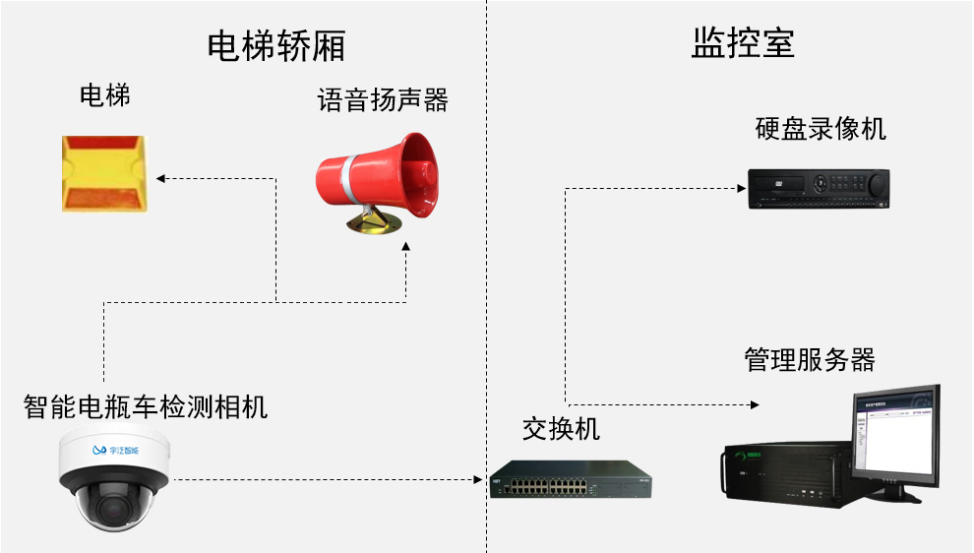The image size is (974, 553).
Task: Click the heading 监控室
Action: click(743, 43)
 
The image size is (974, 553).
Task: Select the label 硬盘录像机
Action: click(821, 129)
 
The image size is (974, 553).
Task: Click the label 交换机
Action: click(561, 428)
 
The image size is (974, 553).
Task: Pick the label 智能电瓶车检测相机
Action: click(146, 406)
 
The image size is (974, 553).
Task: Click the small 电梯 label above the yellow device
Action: click(104, 95)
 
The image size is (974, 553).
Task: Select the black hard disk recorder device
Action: click(818, 188)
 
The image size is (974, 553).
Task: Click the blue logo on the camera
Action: click(97, 450)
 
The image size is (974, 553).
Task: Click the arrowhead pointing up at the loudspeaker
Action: click(406, 252)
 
